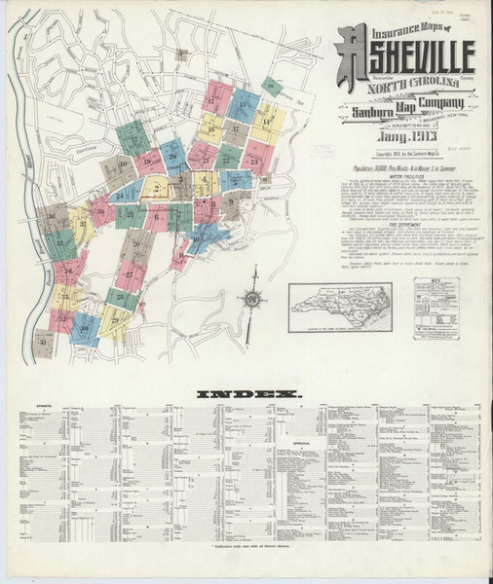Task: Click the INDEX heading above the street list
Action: click(x=248, y=394)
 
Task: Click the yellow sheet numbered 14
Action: click(x=268, y=121)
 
